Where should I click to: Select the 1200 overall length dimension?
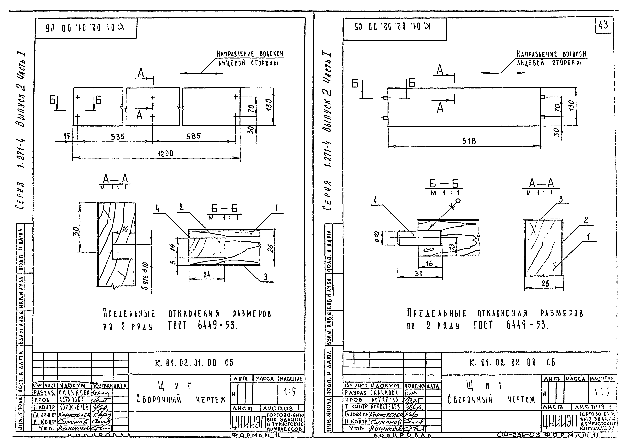[x=165, y=153]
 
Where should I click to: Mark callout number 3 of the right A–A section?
[x=561, y=199]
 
